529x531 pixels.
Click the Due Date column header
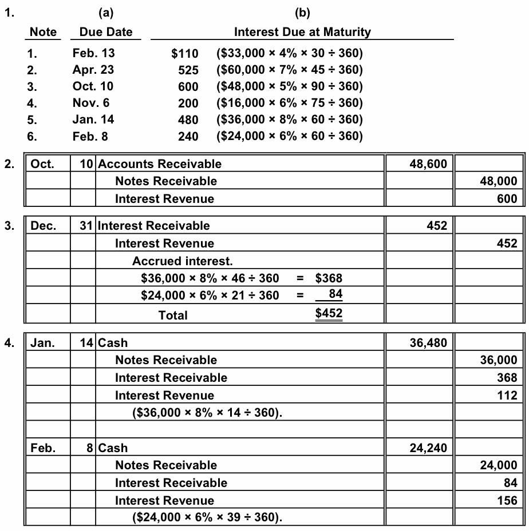102,32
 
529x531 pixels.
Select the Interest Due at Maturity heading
302,32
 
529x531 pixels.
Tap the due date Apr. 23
93,70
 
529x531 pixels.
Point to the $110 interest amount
185,54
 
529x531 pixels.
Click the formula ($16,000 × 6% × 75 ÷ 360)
290,103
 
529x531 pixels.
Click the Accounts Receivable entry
160,164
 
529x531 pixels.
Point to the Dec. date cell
43,226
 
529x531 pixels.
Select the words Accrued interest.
183,261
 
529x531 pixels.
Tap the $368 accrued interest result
329,278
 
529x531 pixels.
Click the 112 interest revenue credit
508,395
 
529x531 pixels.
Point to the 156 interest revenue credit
508,500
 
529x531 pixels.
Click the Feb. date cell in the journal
43,448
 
